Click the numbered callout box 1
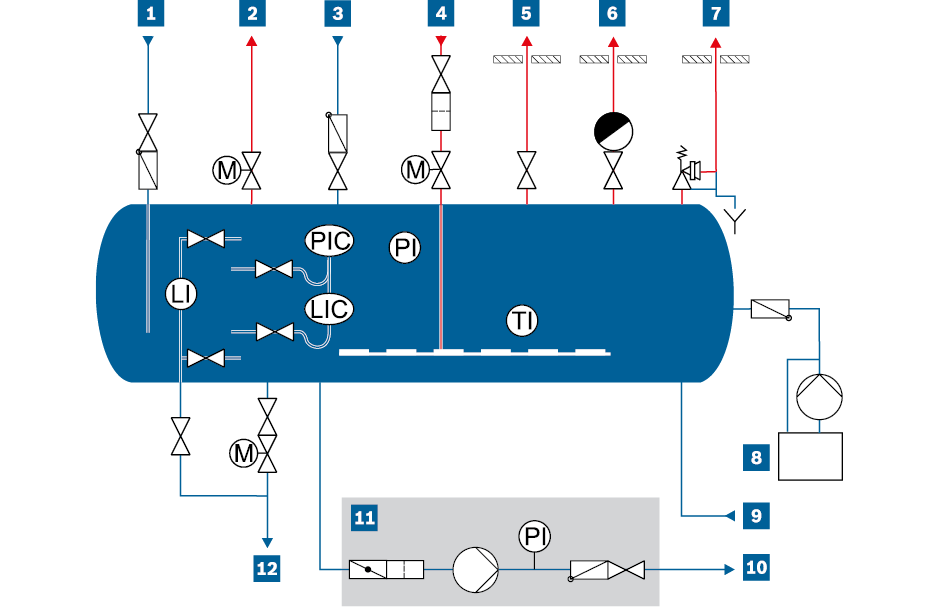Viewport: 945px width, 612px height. pyautogui.click(x=150, y=13)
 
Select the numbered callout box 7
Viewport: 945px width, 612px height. pyautogui.click(x=715, y=13)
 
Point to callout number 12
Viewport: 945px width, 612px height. pyautogui.click(x=266, y=568)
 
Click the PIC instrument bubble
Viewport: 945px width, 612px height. pyautogui.click(x=330, y=242)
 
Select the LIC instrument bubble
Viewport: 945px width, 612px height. pyautogui.click(x=330, y=309)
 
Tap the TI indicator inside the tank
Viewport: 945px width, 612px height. pyautogui.click(x=521, y=321)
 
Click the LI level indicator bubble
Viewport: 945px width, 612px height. pyautogui.click(x=181, y=294)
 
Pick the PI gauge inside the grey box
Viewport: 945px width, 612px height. pyautogui.click(x=535, y=537)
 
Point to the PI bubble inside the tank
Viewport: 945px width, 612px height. pyautogui.click(x=405, y=248)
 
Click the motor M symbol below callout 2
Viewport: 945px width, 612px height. pyautogui.click(x=227, y=171)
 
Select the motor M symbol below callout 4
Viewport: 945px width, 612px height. pyautogui.click(x=415, y=171)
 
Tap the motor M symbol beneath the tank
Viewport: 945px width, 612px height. pyautogui.click(x=243, y=454)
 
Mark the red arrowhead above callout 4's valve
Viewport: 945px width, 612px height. pyautogui.click(x=440, y=41)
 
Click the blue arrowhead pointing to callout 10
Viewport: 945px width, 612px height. pyautogui.click(x=727, y=570)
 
